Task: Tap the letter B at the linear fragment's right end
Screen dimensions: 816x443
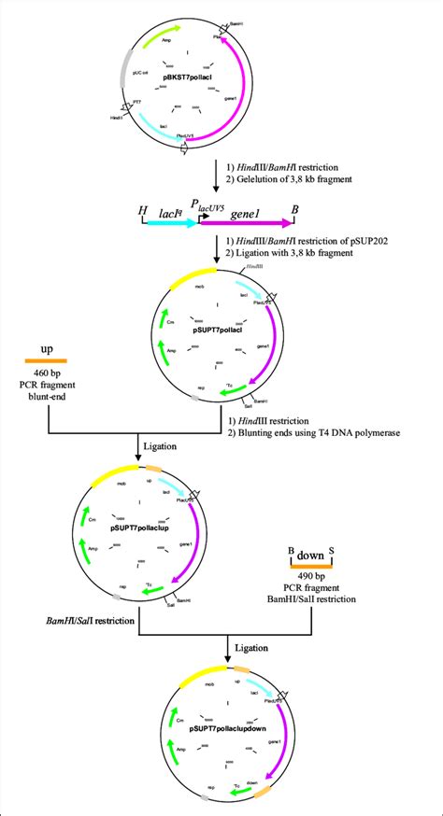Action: coord(295,211)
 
